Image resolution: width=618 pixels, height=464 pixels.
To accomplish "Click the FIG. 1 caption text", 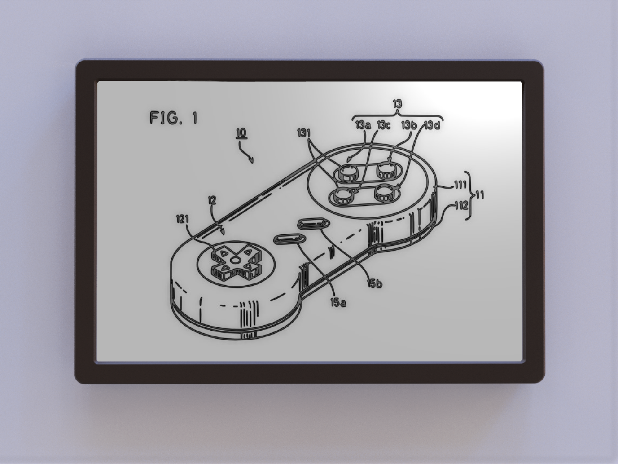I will click(173, 118).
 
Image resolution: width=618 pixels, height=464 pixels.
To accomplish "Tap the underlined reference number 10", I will click(241, 133).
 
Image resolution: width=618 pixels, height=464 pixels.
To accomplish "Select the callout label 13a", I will click(363, 125).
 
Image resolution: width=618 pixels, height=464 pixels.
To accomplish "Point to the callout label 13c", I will click(383, 125).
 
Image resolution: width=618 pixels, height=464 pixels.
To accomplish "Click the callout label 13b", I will click(409, 125).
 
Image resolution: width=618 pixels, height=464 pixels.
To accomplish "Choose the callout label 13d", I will click(432, 125).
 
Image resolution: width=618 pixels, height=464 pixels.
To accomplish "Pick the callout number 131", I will click(304, 133).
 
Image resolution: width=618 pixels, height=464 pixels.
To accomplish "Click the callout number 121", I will click(182, 219).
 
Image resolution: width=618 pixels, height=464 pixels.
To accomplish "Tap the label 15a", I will click(338, 303).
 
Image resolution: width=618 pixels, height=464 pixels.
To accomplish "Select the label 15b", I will click(374, 283).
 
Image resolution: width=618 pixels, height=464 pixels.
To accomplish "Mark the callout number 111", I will click(460, 185).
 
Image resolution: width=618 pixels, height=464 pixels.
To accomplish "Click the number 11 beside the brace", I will click(479, 195).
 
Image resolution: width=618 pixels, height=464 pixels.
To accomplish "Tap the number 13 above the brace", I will click(397, 104).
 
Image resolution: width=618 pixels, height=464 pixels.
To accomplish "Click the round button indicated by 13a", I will click(346, 172).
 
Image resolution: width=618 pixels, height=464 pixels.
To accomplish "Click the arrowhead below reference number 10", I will click(252, 160).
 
